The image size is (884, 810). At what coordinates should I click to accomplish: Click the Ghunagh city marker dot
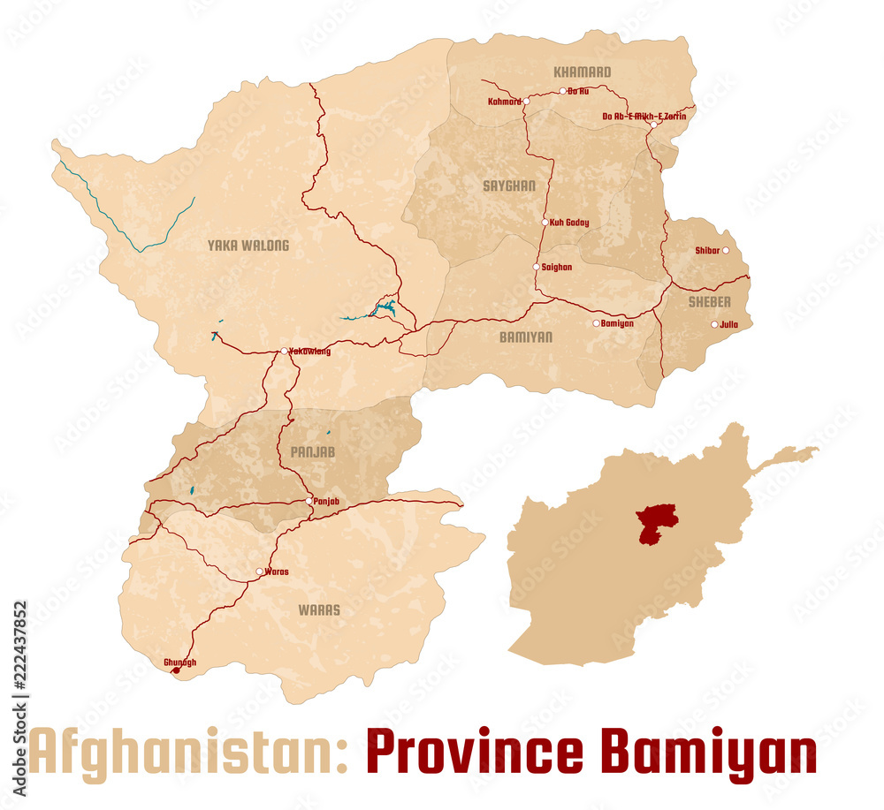(x=175, y=670)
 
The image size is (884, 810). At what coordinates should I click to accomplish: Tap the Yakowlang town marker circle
(x=284, y=352)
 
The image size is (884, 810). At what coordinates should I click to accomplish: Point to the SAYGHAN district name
(x=509, y=185)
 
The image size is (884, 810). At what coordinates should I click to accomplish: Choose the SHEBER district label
(x=709, y=302)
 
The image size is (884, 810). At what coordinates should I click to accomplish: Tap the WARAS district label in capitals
(x=318, y=609)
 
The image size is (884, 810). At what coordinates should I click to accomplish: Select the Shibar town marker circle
(x=726, y=251)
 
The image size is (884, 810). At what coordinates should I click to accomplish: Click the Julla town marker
(x=714, y=324)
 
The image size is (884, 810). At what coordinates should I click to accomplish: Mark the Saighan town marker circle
(x=536, y=267)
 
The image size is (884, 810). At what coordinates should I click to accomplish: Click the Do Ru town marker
(x=562, y=91)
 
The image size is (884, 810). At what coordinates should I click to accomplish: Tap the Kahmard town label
(x=504, y=102)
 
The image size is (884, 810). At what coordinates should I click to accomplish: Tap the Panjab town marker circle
(x=309, y=501)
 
